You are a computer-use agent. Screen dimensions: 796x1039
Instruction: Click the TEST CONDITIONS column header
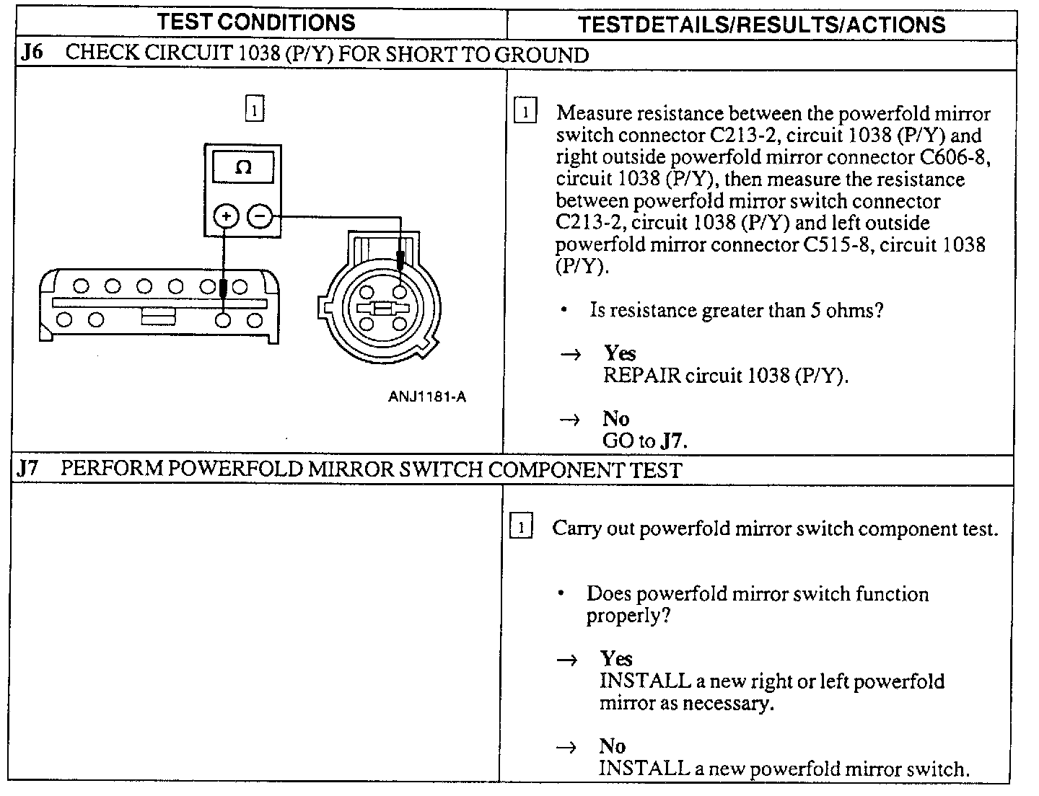pos(256,22)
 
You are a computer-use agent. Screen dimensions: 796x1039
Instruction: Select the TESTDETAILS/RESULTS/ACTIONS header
pos(761,25)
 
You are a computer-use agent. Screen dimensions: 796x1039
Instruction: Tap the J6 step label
pos(32,55)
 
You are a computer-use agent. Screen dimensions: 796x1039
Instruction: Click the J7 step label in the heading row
pos(28,469)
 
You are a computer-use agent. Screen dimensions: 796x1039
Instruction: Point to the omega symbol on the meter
pos(243,168)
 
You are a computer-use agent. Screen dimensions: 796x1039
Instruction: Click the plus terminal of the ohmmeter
pos(226,216)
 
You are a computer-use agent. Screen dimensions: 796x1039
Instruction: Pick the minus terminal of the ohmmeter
pos(260,216)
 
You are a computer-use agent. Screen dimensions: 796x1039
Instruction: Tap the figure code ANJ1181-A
pos(426,397)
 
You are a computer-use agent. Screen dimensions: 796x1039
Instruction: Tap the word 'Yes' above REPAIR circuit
pos(620,353)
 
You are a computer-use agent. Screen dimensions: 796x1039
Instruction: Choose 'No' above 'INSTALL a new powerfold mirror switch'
pos(612,746)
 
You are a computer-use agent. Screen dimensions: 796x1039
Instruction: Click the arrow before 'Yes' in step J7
pos(568,660)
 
